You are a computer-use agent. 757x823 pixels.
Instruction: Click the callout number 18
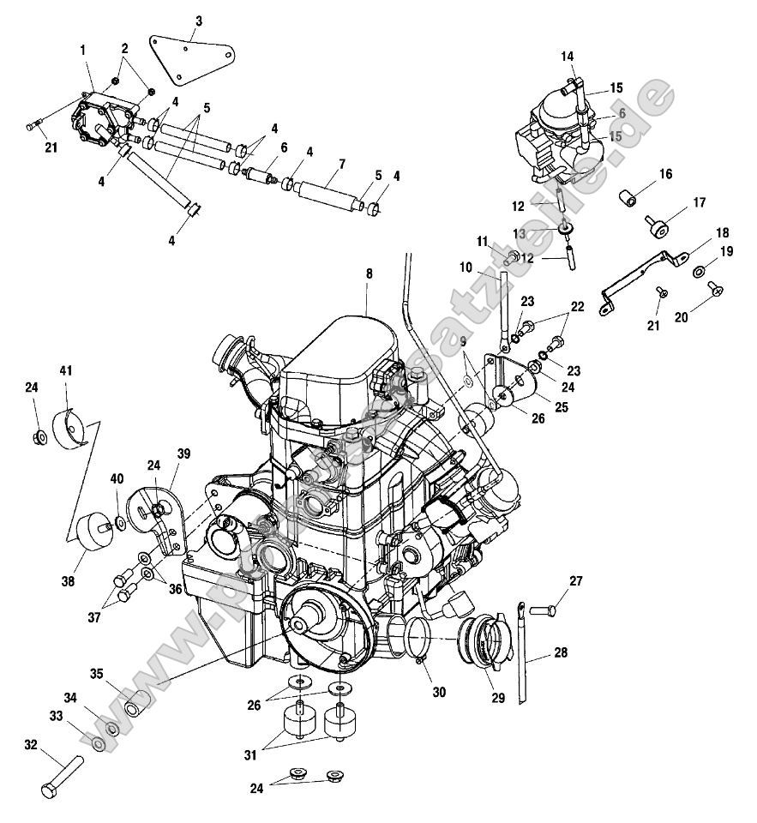(x=722, y=232)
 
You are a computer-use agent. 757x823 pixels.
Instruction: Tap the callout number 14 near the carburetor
(x=568, y=57)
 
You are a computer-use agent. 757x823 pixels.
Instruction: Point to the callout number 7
(x=318, y=163)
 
